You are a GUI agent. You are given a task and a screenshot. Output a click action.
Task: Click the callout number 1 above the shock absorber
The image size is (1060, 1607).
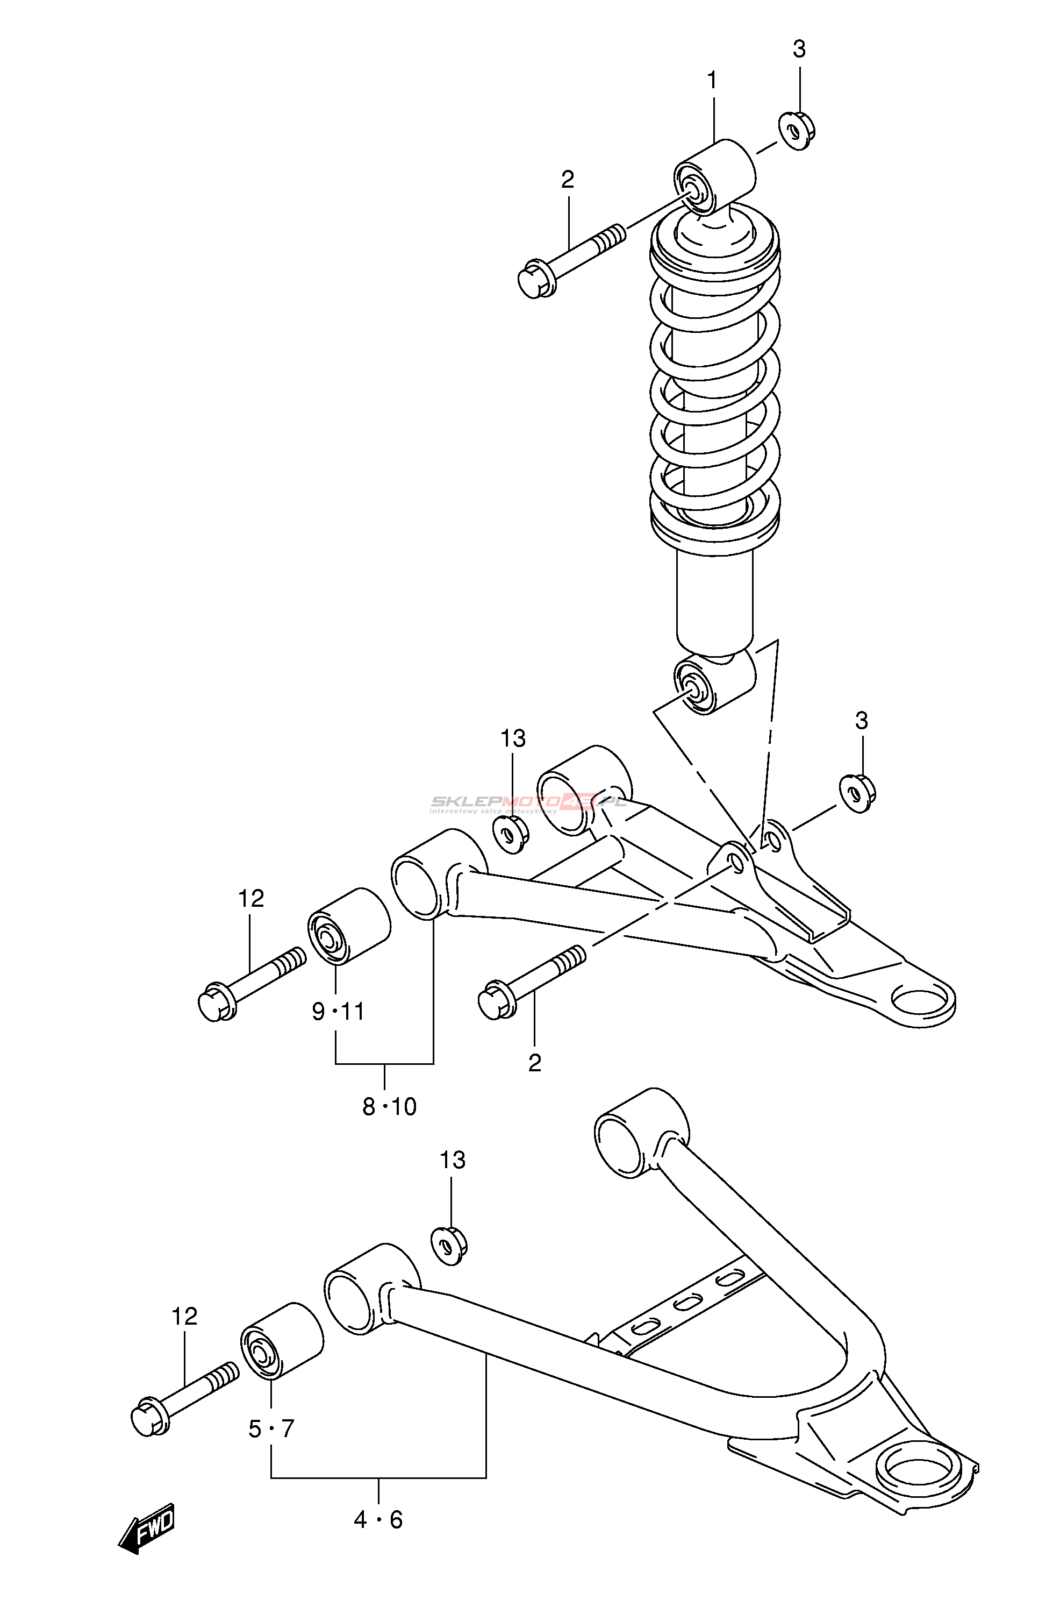712,81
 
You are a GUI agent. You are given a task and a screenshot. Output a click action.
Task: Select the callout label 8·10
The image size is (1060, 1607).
389,1106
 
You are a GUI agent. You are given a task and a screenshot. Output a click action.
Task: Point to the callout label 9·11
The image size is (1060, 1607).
338,1011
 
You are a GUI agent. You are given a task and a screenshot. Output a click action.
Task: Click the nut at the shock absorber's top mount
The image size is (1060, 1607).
797,131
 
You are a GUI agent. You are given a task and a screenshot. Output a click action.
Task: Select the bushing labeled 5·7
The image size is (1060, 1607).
281,1340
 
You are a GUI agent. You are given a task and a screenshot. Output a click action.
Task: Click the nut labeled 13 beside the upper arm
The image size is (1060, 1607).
511,835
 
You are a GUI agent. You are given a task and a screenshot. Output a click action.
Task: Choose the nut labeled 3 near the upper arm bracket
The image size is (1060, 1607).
858,793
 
